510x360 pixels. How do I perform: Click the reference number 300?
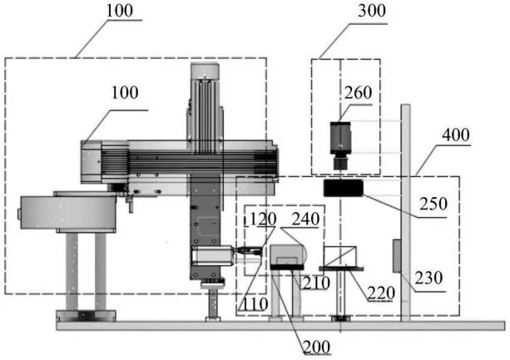point(372,11)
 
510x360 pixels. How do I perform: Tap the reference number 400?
point(456,135)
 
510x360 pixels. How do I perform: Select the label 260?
point(358,93)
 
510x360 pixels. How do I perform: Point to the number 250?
point(433,204)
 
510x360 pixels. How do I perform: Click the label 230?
point(428,279)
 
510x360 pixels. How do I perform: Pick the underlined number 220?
point(381,293)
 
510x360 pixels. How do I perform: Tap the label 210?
point(316,283)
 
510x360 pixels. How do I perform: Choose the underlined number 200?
point(317,347)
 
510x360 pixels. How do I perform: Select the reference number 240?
point(305,219)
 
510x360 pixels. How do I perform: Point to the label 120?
point(263,219)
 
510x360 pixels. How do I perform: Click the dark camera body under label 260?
point(340,138)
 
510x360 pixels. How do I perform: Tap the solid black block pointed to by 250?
point(343,188)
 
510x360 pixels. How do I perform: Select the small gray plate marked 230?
point(397,256)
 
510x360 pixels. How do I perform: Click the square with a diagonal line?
point(340,257)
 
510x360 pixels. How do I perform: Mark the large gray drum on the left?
point(67,213)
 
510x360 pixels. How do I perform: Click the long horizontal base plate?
point(280,326)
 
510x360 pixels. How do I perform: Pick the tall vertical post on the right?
point(406,213)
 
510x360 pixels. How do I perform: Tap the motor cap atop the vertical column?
point(205,72)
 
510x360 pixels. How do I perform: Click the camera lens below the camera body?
point(340,162)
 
